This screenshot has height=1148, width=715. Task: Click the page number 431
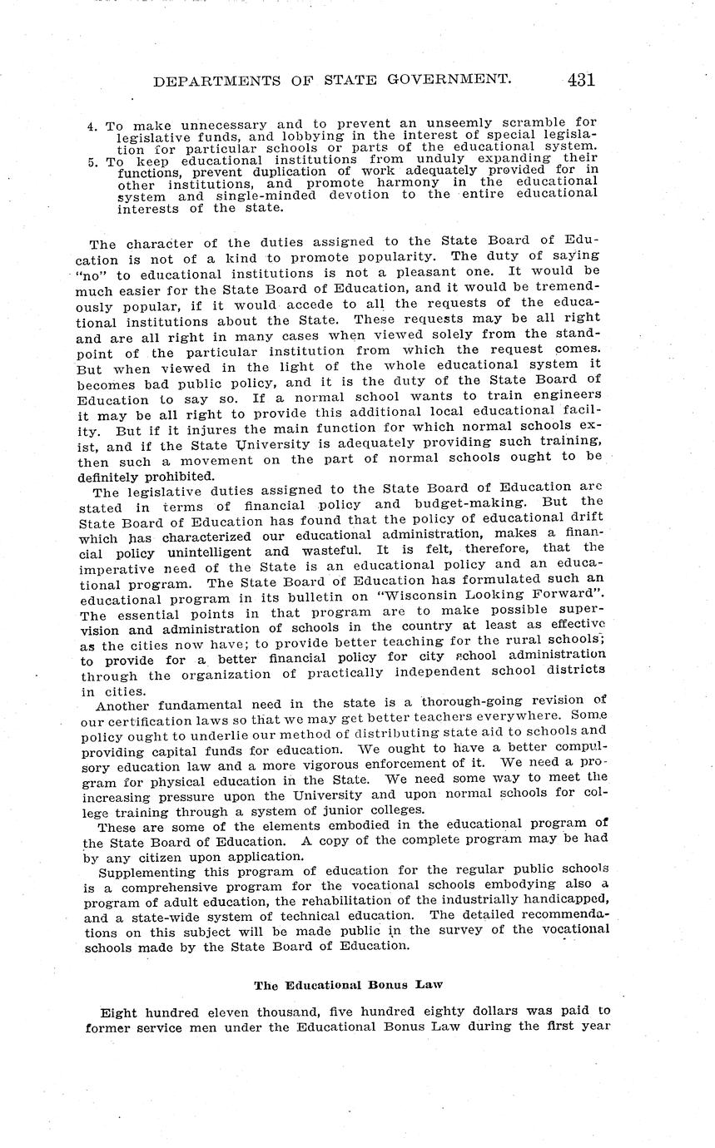tap(580, 81)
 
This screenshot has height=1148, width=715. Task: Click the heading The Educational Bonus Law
tap(348, 986)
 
